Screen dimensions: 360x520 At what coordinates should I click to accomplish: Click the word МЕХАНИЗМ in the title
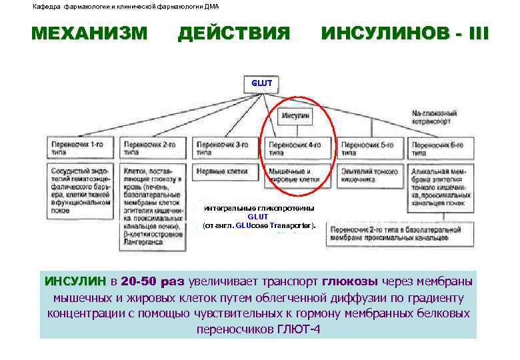89,33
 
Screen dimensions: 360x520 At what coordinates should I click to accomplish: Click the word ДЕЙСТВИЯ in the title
234,33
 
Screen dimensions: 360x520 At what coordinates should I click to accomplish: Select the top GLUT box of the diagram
261,83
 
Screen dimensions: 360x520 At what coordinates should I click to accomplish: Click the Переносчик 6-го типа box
441,147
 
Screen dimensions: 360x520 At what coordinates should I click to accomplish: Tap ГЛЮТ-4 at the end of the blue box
298,329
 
